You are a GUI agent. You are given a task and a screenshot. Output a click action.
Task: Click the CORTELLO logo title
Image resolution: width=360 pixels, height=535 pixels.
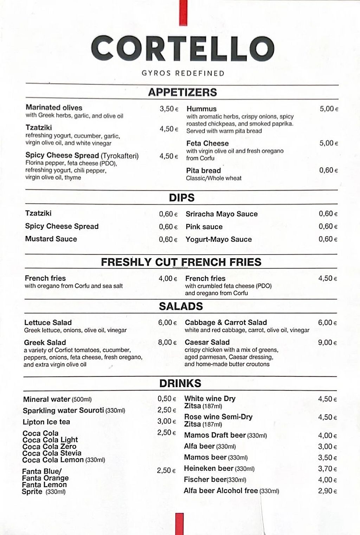coord(182,48)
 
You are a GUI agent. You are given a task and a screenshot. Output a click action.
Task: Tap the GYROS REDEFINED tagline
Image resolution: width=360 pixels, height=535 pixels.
coord(183,73)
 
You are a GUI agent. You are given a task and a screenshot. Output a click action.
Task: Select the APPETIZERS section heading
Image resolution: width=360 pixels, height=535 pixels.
coord(182,92)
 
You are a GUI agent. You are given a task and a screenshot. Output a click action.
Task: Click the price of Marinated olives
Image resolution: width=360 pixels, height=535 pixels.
coord(169,109)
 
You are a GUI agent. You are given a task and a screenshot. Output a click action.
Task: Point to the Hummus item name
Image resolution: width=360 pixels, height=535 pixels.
coord(201,109)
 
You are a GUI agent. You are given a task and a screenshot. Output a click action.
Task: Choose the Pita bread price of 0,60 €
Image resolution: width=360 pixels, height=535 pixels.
coord(328,170)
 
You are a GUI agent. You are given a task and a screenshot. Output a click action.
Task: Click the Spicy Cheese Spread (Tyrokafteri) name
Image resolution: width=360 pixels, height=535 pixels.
coord(82,155)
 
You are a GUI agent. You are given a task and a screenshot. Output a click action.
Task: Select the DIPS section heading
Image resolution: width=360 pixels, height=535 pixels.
coord(181,198)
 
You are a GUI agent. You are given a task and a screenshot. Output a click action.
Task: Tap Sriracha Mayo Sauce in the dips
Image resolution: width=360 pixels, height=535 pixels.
coord(221,214)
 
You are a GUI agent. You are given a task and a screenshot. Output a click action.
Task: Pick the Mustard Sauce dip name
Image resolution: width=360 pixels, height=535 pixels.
coord(51,239)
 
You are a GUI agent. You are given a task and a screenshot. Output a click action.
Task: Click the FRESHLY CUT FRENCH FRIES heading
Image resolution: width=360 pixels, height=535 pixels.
coord(181,262)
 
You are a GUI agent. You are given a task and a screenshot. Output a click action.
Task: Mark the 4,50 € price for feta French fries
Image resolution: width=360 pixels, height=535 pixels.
coord(327,278)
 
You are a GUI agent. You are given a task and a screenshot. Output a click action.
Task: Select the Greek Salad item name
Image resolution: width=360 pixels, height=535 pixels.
coord(45,342)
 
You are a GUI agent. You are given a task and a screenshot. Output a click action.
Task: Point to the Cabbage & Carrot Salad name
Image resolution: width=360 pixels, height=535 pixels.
coord(226,322)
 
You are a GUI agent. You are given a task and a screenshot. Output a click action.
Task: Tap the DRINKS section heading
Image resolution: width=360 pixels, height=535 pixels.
coord(180,383)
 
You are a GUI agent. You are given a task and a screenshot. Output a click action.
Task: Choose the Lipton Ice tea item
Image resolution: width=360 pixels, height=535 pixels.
coord(46,422)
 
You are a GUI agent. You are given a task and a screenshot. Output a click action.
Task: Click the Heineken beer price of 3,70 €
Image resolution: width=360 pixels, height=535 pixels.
coord(327,469)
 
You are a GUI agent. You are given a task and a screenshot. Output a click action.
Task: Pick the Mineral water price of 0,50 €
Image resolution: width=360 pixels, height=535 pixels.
coord(167,399)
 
